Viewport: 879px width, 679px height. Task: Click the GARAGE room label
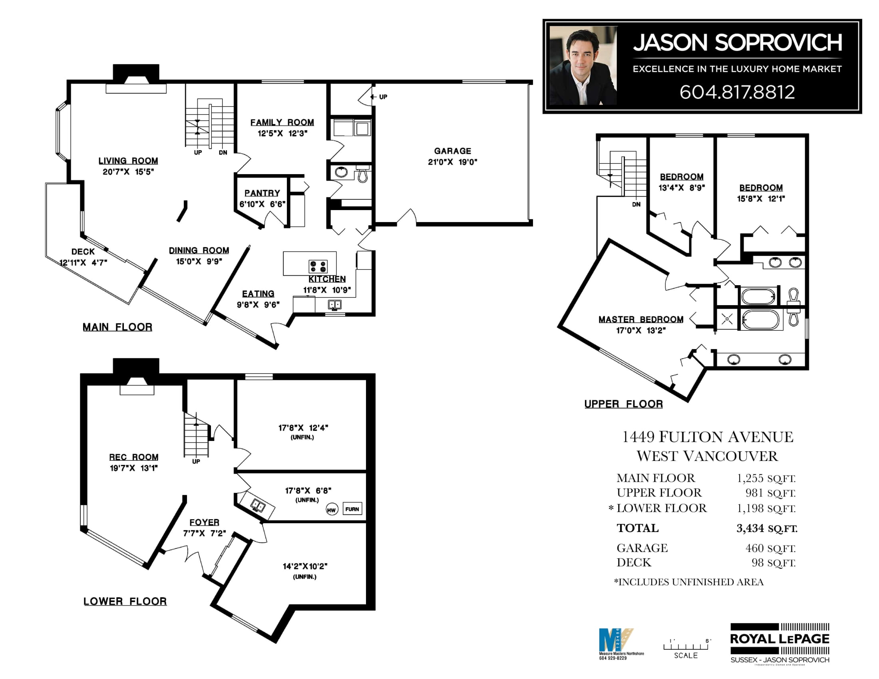[452, 151]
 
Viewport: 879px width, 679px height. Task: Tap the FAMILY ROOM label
[282, 122]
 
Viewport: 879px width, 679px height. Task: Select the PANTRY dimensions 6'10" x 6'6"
[262, 204]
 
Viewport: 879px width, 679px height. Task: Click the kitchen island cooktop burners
[318, 266]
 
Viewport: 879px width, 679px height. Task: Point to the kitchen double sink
[334, 304]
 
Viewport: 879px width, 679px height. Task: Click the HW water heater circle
[331, 510]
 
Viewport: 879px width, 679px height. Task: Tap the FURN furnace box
[352, 509]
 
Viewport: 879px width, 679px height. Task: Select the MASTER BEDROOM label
[641, 320]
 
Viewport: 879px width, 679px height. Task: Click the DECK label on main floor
[83, 252]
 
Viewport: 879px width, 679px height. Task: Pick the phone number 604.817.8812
[737, 92]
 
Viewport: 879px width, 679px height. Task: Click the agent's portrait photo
[583, 66]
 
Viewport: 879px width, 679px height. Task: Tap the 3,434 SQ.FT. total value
[767, 528]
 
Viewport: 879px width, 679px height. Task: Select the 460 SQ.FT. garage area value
[770, 548]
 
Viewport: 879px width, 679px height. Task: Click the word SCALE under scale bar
[686, 655]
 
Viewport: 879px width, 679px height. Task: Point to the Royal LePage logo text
[780, 639]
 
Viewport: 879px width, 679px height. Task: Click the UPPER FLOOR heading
[623, 404]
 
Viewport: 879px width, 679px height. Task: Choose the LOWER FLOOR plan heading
[125, 602]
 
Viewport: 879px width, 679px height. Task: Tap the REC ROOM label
[133, 457]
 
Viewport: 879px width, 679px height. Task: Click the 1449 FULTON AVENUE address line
[708, 437]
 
